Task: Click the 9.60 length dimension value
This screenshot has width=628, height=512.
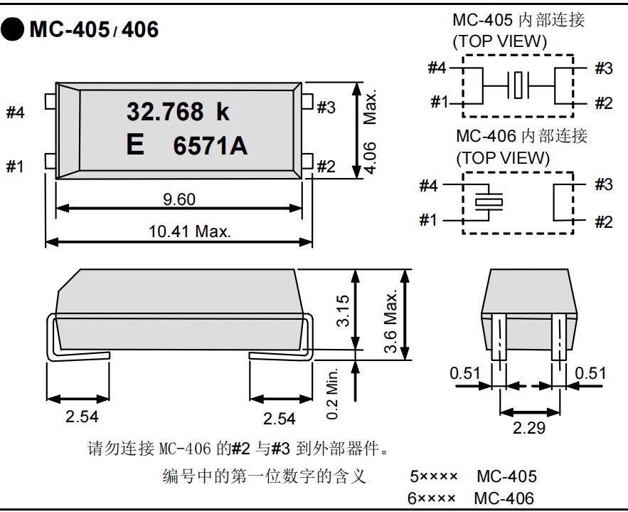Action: tap(179, 199)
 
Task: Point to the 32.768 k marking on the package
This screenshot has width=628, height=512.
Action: tap(178, 112)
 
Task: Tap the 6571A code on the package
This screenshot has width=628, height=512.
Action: tap(211, 146)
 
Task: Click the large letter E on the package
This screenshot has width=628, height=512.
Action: tap(134, 145)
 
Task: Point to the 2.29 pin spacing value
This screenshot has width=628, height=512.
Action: tap(529, 429)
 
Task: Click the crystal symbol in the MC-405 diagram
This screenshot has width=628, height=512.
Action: tap(518, 85)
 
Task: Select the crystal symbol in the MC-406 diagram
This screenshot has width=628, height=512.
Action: tap(488, 202)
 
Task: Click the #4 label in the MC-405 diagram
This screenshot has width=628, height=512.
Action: tap(437, 68)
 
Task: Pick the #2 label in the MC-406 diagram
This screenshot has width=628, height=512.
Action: tap(603, 221)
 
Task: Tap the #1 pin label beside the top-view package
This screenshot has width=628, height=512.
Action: tap(16, 167)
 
